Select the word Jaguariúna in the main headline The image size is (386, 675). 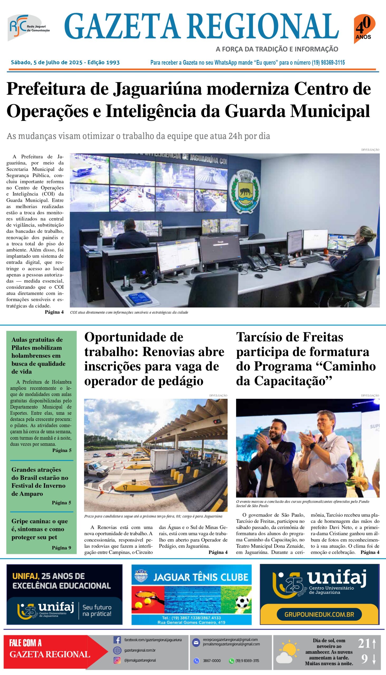[158, 89]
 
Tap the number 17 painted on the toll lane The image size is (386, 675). [125, 487]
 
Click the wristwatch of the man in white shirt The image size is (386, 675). [313, 445]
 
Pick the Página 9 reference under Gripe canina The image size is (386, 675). [61, 548]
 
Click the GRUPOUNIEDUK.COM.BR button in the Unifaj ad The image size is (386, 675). [319, 614]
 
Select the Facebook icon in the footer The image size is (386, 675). [117, 640]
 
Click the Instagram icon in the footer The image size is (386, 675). [117, 660]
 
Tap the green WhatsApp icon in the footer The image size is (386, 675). [231, 661]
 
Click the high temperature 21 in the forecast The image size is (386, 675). [364, 643]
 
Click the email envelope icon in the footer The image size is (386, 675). [196, 642]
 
